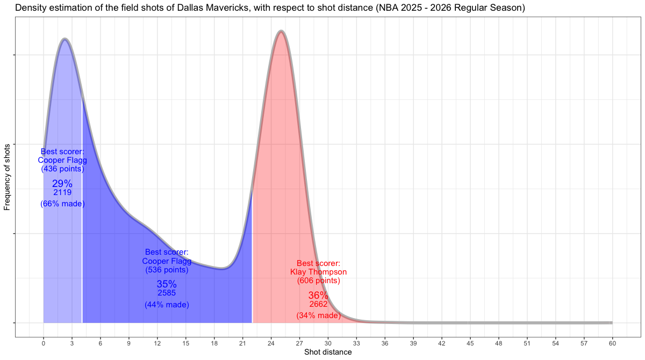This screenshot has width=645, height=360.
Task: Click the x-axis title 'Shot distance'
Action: (x=328, y=352)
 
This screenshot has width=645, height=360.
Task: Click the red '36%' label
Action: (x=318, y=296)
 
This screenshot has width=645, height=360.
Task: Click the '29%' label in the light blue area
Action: (x=62, y=184)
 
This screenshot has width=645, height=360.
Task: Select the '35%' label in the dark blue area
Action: (x=167, y=284)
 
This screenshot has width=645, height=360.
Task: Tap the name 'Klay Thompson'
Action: (x=318, y=272)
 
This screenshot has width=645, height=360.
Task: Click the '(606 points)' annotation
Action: (x=318, y=280)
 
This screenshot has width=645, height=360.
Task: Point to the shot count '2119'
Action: (x=62, y=192)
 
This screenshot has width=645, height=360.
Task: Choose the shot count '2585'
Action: (x=167, y=293)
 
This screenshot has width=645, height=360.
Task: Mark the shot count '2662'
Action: (x=318, y=304)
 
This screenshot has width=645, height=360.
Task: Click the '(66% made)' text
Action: (x=62, y=204)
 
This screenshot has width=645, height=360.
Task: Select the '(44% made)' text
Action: (x=167, y=305)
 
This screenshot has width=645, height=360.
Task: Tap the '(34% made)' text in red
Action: (x=318, y=315)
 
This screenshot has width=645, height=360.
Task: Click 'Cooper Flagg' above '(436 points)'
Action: (x=62, y=160)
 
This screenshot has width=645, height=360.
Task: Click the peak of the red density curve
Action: (x=280, y=32)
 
